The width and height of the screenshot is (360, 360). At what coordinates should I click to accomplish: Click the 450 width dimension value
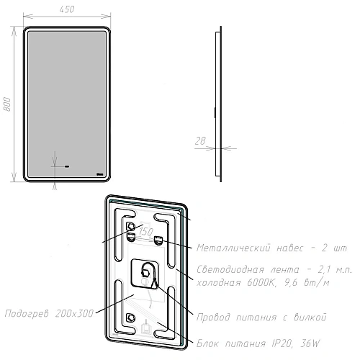tap(66, 10)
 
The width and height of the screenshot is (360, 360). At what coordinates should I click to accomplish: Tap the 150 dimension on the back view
tap(145, 231)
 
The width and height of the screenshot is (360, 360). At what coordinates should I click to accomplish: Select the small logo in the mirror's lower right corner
tap(101, 174)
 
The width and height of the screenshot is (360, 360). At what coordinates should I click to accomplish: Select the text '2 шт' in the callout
tap(337, 247)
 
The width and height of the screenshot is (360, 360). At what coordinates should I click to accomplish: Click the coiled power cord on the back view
tap(148, 273)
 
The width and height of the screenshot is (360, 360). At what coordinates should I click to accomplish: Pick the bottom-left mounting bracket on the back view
tap(131, 318)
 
